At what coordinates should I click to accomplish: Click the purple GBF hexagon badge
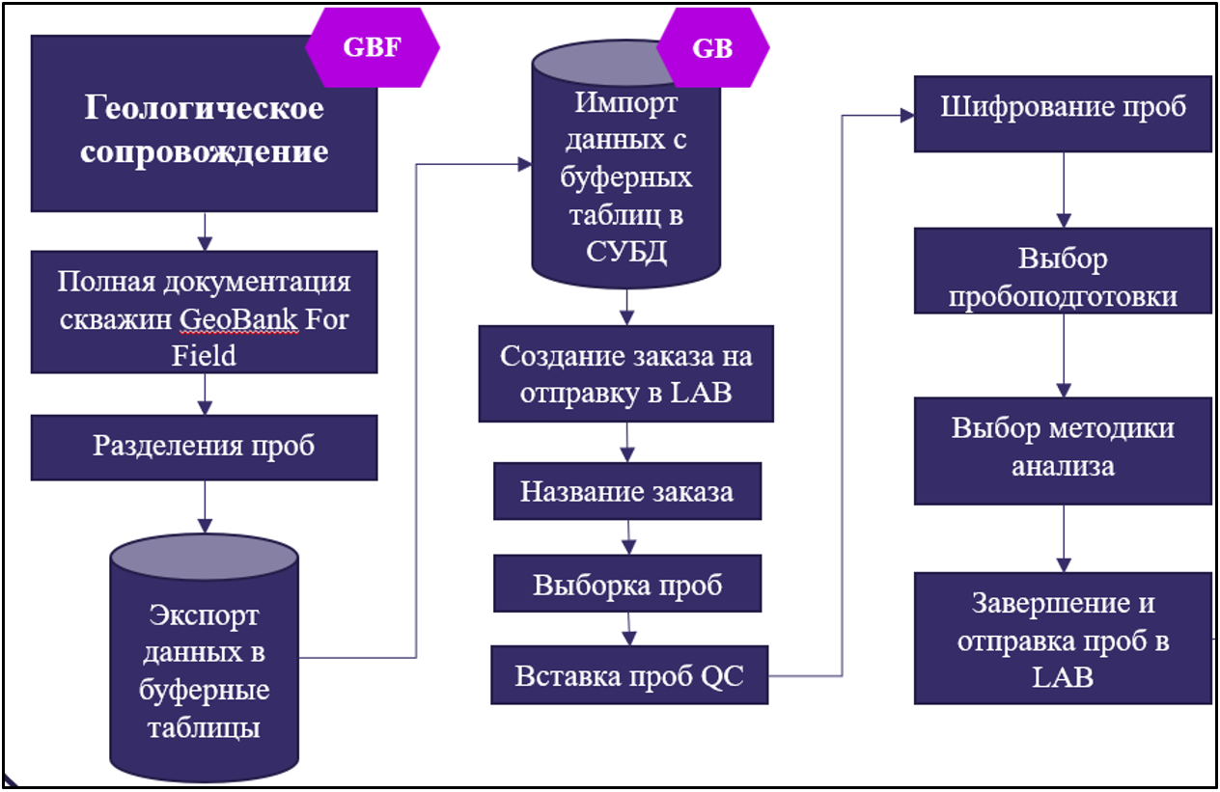(373, 48)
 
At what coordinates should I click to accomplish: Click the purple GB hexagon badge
(712, 48)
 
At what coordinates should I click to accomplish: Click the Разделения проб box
(204, 447)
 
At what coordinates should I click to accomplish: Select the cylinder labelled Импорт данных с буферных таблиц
(626, 178)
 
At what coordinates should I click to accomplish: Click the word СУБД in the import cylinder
(626, 252)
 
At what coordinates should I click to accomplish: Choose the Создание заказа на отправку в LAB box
(626, 374)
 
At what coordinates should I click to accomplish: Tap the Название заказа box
(626, 491)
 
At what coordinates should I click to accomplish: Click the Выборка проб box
(627, 585)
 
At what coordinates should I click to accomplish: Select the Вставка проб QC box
(629, 675)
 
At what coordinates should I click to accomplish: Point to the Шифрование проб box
(1063, 107)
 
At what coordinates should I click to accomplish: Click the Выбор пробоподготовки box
(1063, 277)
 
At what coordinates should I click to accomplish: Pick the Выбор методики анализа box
(1063, 447)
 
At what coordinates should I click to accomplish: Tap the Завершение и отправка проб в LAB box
(1063, 640)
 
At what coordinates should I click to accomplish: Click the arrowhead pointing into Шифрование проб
(906, 115)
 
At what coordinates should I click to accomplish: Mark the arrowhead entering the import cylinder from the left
(524, 165)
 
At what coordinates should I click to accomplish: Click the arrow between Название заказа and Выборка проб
(628, 536)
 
